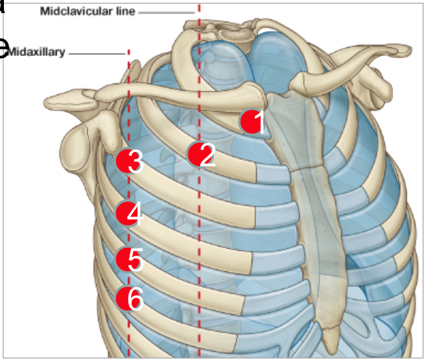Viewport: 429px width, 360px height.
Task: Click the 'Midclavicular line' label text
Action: point(87,11)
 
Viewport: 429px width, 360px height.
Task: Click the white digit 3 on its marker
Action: point(135,162)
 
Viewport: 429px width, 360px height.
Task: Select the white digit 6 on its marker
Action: point(135,300)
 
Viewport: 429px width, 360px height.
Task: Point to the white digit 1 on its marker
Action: point(259,123)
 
